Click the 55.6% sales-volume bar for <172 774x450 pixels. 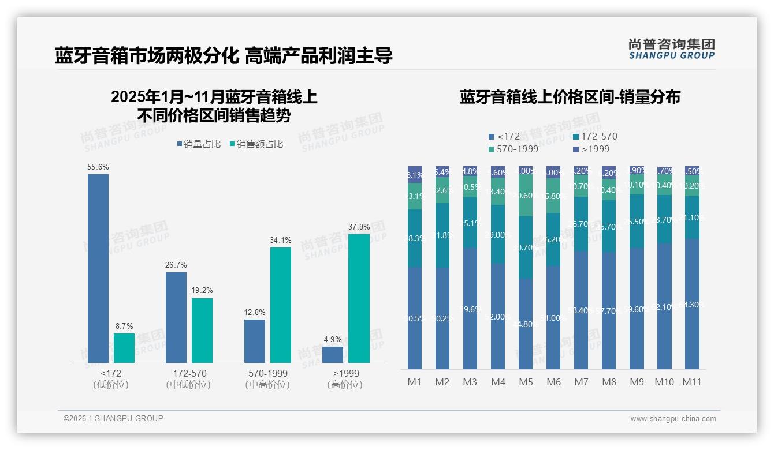point(98,268)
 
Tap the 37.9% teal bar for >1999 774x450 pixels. point(359,298)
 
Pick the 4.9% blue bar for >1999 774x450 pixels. point(333,354)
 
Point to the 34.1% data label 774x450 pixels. point(281,240)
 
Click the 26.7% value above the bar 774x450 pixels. point(176,265)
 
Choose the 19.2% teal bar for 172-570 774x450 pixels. point(202,330)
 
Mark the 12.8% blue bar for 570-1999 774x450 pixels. point(255,341)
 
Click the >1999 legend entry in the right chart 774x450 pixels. point(591,149)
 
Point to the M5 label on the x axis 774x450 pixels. point(526,382)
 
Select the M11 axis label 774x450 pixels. point(692,382)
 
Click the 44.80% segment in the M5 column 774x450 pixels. point(526,324)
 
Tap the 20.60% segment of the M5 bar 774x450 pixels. point(526,196)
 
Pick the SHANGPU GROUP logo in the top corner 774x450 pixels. point(671,49)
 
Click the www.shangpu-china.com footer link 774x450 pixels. point(673,419)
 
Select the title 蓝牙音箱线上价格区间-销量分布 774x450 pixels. point(570,97)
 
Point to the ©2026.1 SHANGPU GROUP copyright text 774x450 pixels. point(113,418)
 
